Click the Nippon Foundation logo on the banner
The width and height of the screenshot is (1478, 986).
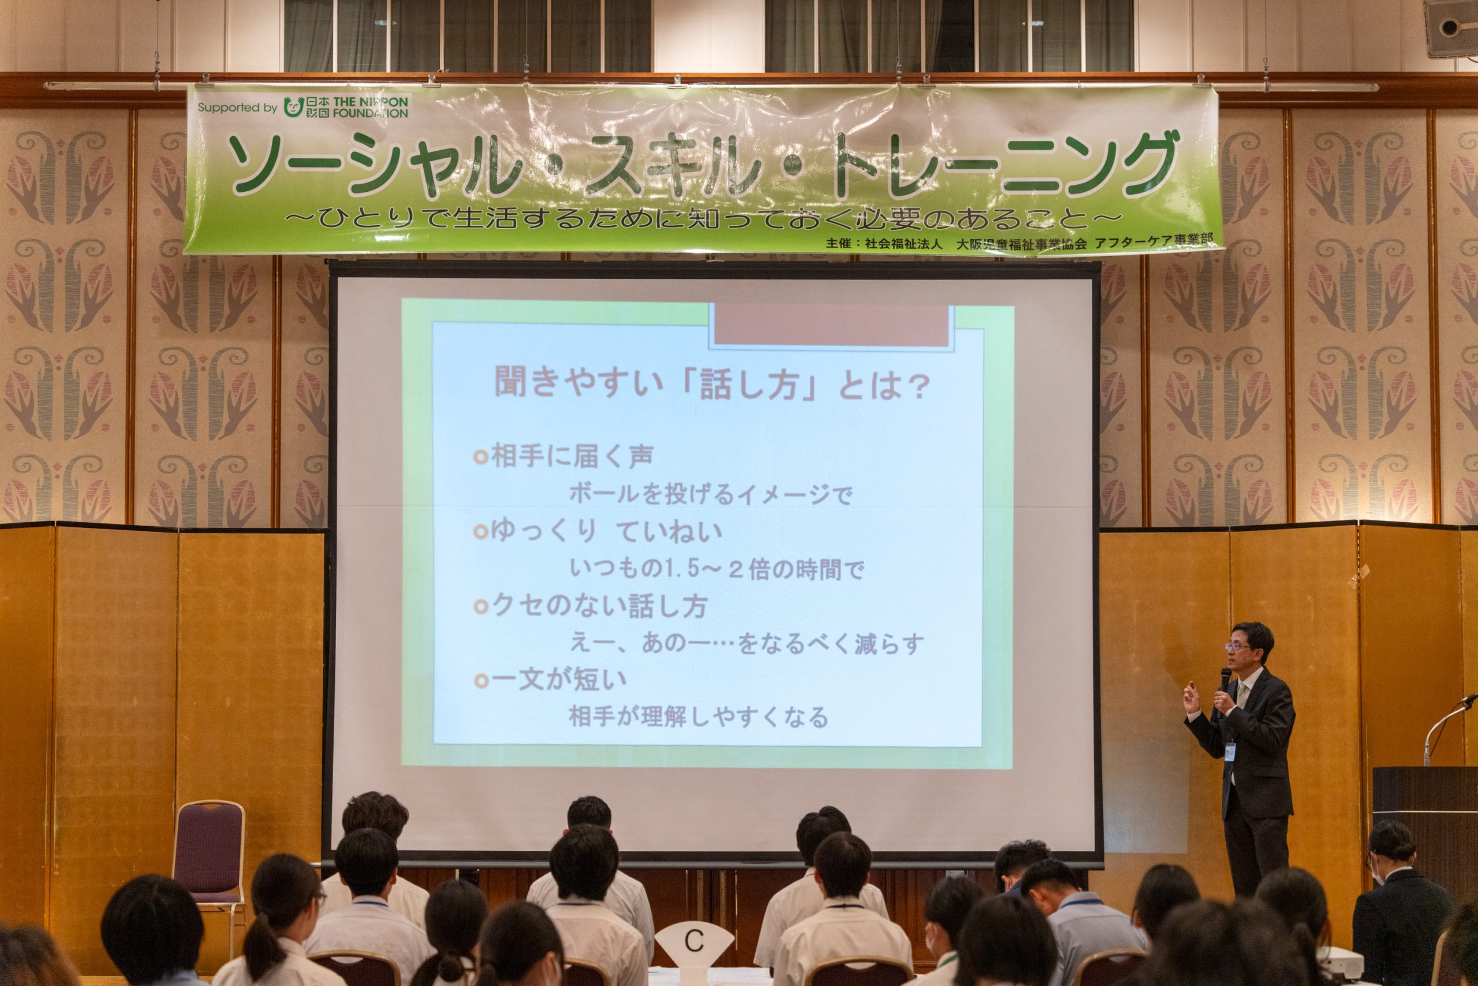346,107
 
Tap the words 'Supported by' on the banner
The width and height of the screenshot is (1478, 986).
237,107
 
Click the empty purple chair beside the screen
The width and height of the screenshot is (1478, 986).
209,856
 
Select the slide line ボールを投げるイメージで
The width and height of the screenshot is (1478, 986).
711,495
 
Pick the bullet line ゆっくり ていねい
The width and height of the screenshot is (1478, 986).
599,533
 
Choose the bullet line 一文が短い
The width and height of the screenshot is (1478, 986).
551,680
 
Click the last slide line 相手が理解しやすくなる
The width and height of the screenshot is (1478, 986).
699,717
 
